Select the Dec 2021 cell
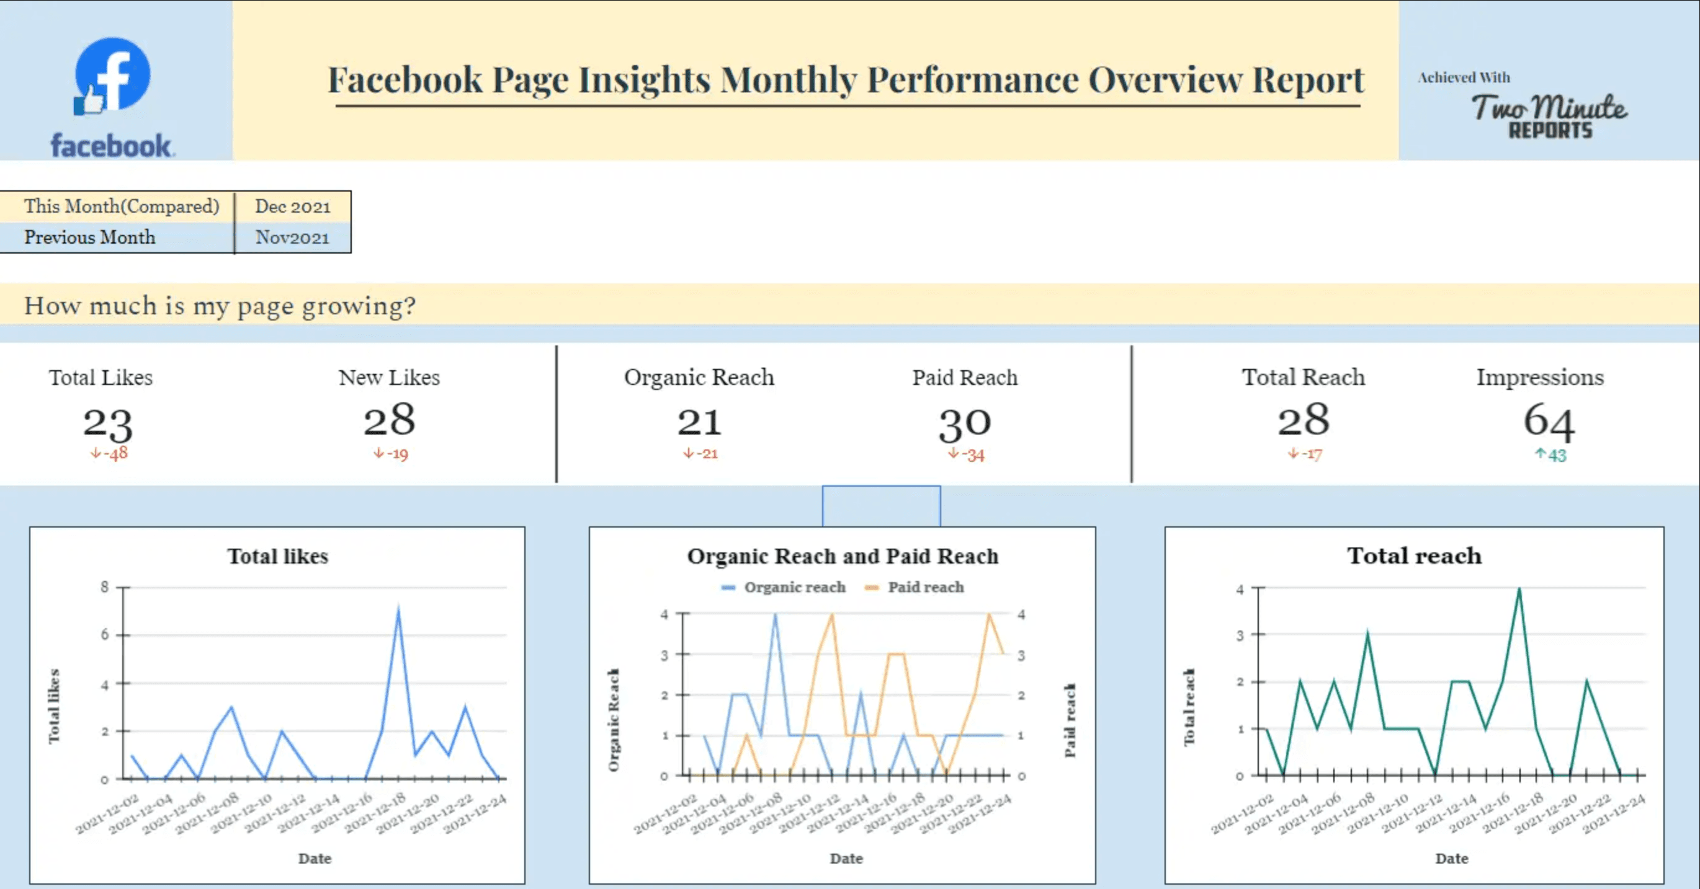pos(292,206)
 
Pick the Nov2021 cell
pos(292,237)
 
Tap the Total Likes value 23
pos(107,423)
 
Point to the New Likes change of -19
pos(391,454)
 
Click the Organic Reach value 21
pos(699,422)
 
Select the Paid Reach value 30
pos(965,423)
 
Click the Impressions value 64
pos(1548,421)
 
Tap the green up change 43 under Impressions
pos(1550,454)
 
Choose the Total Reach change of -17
pos(1305,454)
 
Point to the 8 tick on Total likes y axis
pos(104,587)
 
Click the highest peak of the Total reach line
pos(1519,590)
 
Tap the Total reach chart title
pos(1414,556)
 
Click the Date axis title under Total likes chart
pos(315,858)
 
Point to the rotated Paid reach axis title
pos(1070,720)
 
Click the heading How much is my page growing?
pos(220,306)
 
